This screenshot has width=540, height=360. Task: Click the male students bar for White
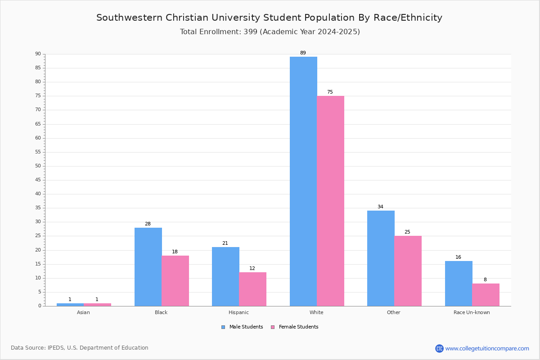(x=303, y=181)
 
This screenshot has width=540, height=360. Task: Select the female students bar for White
(x=330, y=201)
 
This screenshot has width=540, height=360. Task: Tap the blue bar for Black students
(x=148, y=267)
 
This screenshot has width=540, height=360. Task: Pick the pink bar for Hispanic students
(x=252, y=289)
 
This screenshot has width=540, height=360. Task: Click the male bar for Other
(x=381, y=258)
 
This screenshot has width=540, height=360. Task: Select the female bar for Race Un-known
(x=486, y=295)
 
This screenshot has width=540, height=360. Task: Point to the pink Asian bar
(x=97, y=305)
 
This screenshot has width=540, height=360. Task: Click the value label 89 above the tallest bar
(x=303, y=53)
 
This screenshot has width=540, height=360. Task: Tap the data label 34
(x=380, y=207)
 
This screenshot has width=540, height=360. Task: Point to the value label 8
(x=485, y=280)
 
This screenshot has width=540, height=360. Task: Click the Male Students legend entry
(x=242, y=327)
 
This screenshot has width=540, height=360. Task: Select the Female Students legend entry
(x=295, y=327)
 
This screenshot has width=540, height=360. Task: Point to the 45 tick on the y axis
(x=38, y=180)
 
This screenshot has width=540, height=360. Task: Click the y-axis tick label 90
(x=38, y=54)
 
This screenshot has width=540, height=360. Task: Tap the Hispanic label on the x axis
(x=238, y=312)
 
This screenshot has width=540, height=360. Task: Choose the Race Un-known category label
(x=472, y=312)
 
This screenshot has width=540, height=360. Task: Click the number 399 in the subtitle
(x=251, y=32)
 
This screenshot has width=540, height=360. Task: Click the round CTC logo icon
(x=439, y=348)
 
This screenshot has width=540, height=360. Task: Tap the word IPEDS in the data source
(x=56, y=348)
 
